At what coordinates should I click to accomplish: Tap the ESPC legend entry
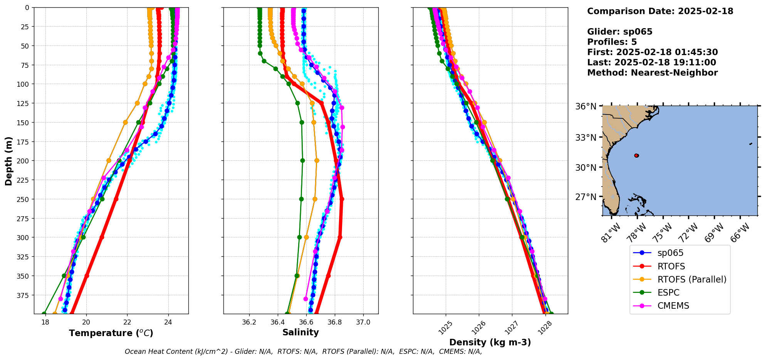pyautogui.click(x=668, y=293)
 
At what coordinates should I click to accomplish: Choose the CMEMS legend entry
pyautogui.click(x=673, y=306)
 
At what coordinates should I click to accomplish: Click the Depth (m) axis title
pyautogui.click(x=9, y=161)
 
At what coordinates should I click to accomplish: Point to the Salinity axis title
pyautogui.click(x=300, y=333)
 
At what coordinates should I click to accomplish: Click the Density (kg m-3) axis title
pyautogui.click(x=490, y=342)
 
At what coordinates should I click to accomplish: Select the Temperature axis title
pyautogui.click(x=111, y=333)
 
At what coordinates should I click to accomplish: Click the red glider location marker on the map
pyautogui.click(x=636, y=155)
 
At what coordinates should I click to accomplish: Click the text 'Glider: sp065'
pyautogui.click(x=619, y=32)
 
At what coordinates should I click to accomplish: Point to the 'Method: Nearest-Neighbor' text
pyautogui.click(x=652, y=73)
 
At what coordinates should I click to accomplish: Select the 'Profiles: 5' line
pyautogui.click(x=612, y=42)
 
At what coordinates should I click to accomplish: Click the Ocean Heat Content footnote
pyautogui.click(x=303, y=352)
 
